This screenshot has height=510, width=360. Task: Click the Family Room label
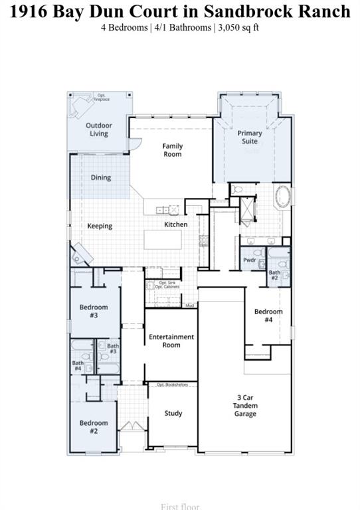click(173, 150)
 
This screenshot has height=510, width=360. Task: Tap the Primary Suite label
click(250, 137)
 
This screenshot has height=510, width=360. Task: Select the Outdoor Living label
click(98, 129)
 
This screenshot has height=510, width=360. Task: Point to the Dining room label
click(101, 178)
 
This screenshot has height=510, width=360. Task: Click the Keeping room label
click(100, 226)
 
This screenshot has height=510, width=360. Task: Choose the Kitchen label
click(176, 224)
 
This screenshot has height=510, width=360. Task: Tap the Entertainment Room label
click(171, 341)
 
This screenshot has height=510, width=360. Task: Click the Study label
click(173, 414)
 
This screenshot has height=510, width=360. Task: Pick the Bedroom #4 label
click(268, 315)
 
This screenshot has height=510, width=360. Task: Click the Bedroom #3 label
click(94, 311)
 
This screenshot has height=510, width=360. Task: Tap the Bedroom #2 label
click(94, 427)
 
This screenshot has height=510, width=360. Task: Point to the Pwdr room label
click(250, 260)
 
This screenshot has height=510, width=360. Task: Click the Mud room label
click(189, 305)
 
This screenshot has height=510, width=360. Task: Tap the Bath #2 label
click(274, 276)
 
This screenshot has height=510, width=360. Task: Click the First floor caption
click(179, 506)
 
